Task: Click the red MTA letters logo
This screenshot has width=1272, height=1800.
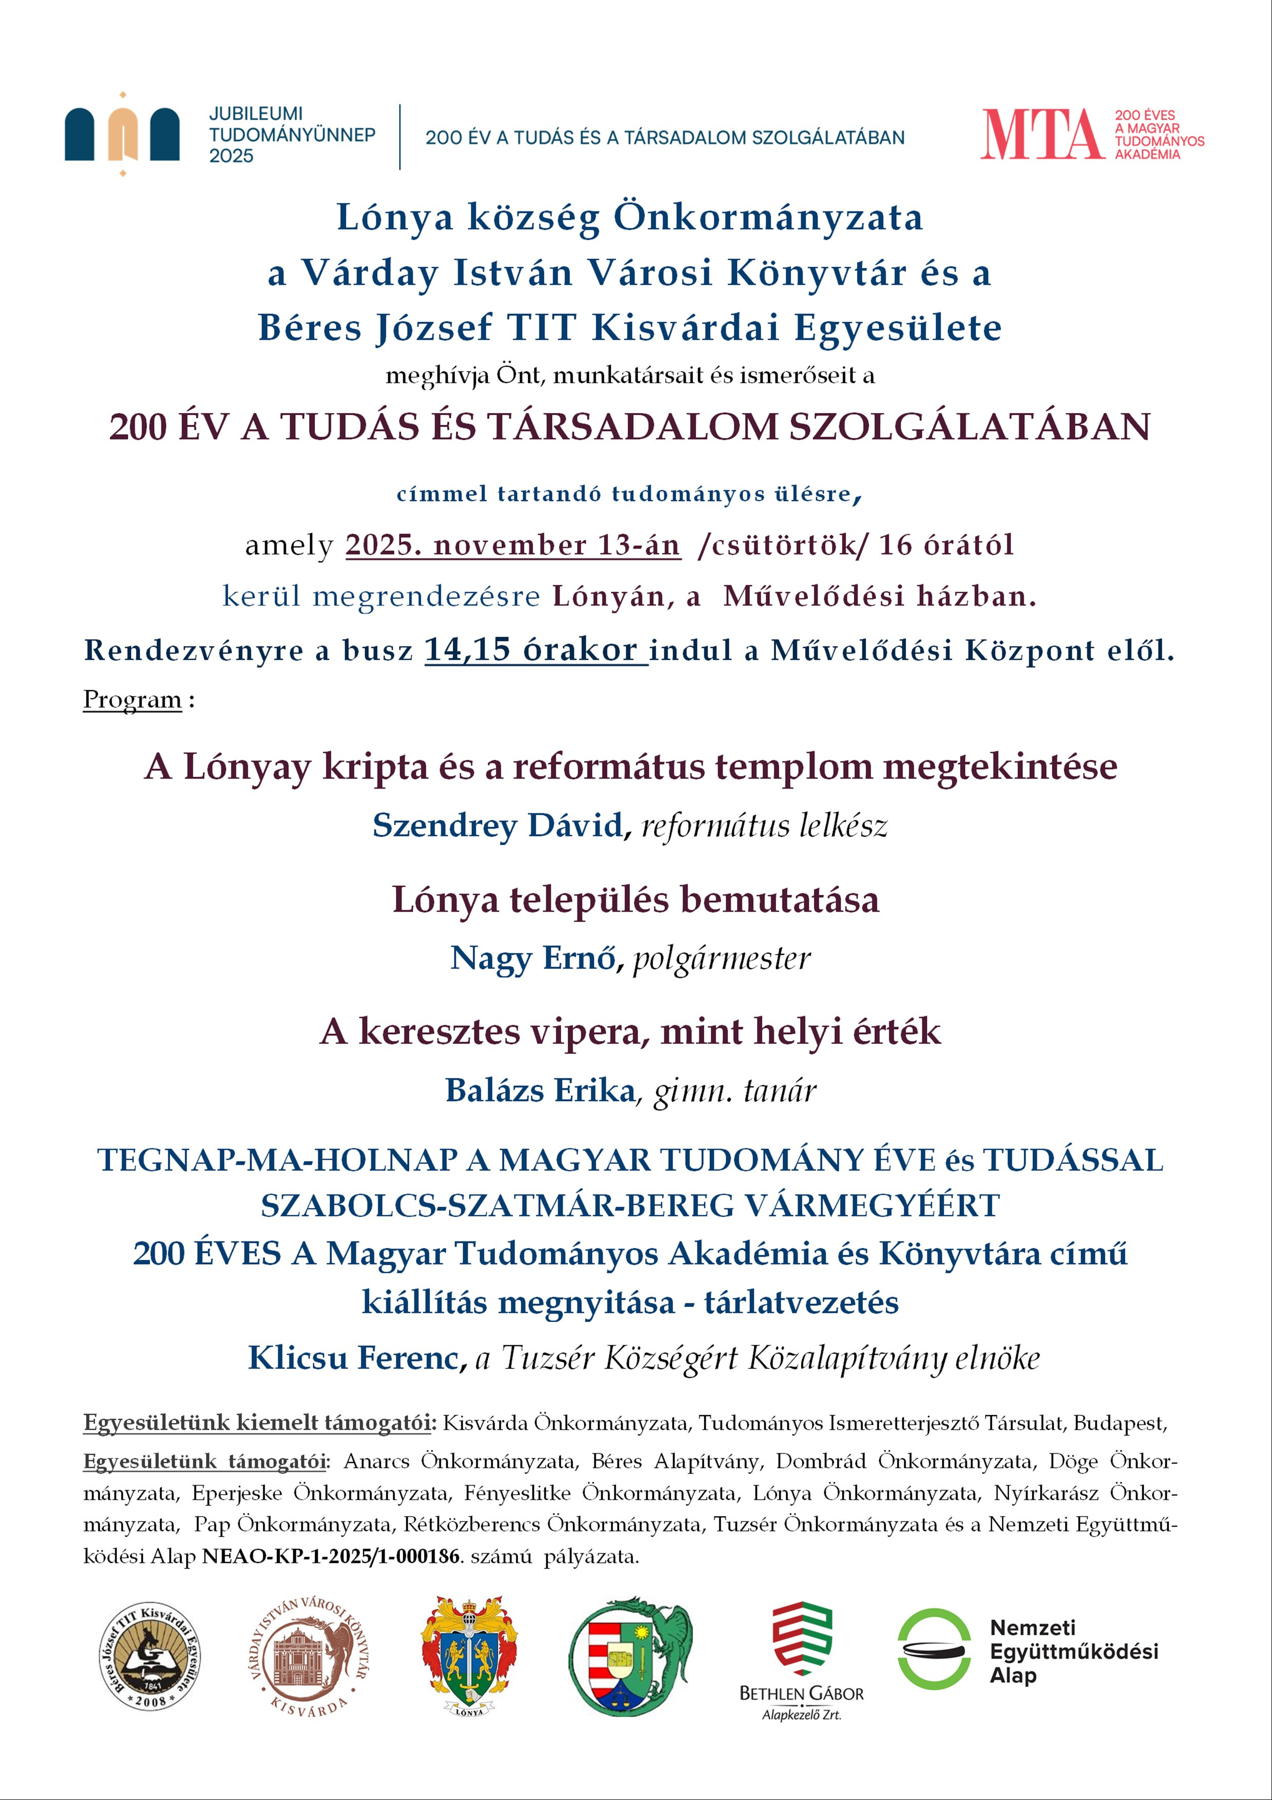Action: pyautogui.click(x=1042, y=135)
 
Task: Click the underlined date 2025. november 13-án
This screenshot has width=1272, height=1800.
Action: pyautogui.click(x=512, y=545)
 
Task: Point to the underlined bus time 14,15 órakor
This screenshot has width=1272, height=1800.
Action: pyautogui.click(x=535, y=650)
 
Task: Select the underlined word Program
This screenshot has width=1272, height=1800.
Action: pyautogui.click(x=132, y=699)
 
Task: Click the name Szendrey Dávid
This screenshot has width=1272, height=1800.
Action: pyautogui.click(x=498, y=826)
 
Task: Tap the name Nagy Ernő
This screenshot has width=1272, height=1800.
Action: pyautogui.click(x=533, y=958)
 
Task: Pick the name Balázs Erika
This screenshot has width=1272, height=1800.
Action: pyautogui.click(x=540, y=1090)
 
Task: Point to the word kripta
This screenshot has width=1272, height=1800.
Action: pyautogui.click(x=375, y=767)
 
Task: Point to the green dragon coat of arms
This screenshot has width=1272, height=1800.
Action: pyautogui.click(x=629, y=1656)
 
